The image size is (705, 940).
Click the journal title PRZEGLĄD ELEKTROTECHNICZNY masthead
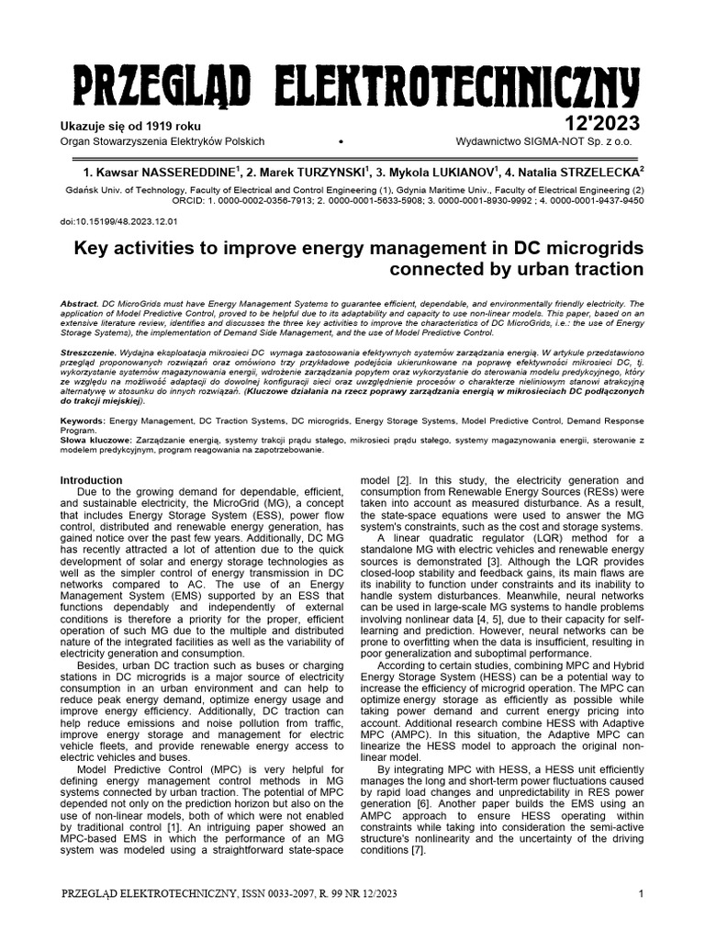tap(352, 89)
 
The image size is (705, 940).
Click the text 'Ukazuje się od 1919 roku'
tap(129, 126)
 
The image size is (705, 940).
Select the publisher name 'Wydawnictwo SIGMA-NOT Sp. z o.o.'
tap(550, 141)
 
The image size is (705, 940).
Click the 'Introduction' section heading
tap(91, 480)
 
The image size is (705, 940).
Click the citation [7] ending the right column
tap(418, 850)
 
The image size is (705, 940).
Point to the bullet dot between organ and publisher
tap(341, 142)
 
